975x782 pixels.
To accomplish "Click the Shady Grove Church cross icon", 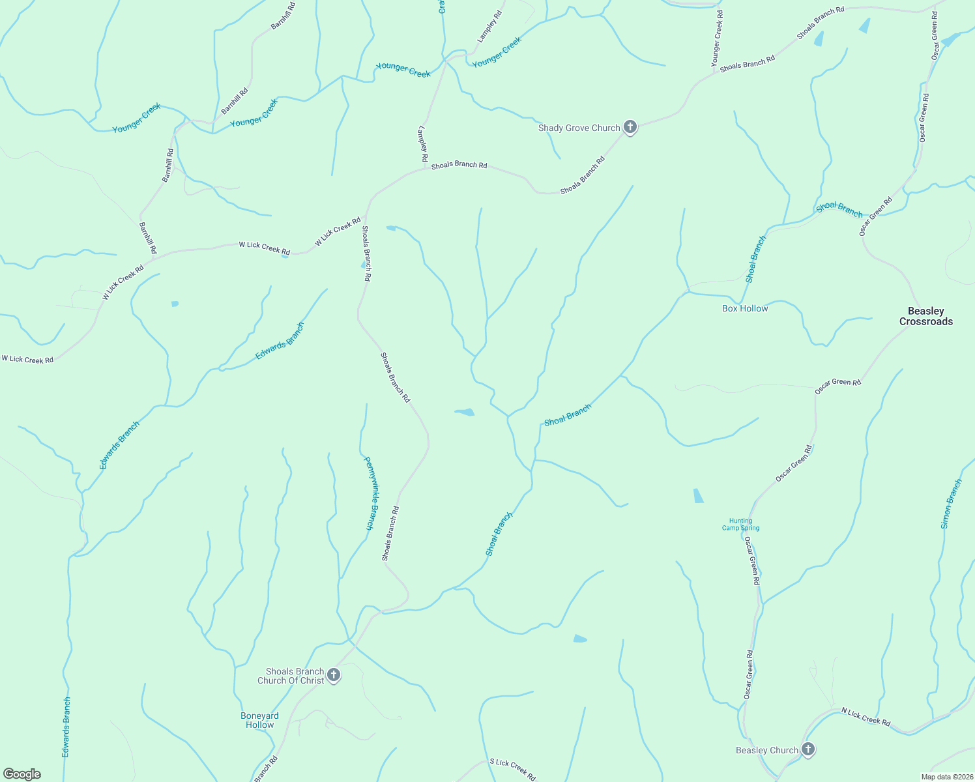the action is [630, 127].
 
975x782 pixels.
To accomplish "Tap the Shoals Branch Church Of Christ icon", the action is [334, 675].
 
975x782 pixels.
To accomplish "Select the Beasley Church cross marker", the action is [808, 749].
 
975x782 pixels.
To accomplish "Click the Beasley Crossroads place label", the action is [926, 316].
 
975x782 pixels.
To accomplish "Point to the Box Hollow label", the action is [745, 308].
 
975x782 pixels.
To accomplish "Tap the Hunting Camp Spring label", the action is [740, 525].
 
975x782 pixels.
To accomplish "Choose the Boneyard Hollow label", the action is [259, 720].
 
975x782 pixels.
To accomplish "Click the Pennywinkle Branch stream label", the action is [370, 493].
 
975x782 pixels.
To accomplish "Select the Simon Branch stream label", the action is [952, 504].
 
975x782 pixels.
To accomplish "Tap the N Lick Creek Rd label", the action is [866, 716].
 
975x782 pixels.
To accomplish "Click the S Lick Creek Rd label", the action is [512, 770].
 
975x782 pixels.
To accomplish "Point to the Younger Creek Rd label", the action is [717, 39].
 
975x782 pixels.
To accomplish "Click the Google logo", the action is [22, 774].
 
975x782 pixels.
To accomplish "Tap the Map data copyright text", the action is [946, 777].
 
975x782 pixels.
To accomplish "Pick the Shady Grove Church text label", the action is [579, 128].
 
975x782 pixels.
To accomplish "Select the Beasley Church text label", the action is [767, 750].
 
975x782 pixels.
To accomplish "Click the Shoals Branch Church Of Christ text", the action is [291, 676].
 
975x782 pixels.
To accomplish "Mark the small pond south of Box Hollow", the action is [698, 496].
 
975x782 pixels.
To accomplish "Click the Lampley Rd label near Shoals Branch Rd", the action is [422, 143].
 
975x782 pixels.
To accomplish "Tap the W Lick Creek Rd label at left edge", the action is [27, 359].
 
